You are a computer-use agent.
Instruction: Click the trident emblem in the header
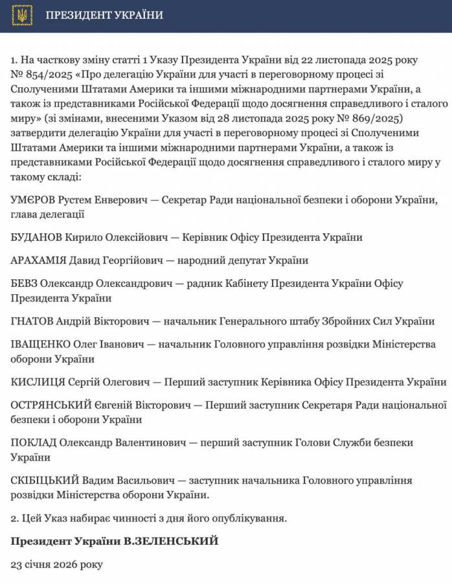pyautogui.click(x=21, y=16)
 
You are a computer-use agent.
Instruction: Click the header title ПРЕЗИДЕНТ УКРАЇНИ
pyautogui.click(x=104, y=16)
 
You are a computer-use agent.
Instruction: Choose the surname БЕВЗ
pyautogui.click(x=24, y=284)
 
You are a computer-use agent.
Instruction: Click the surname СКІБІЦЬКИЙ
pyautogui.click(x=45, y=481)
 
